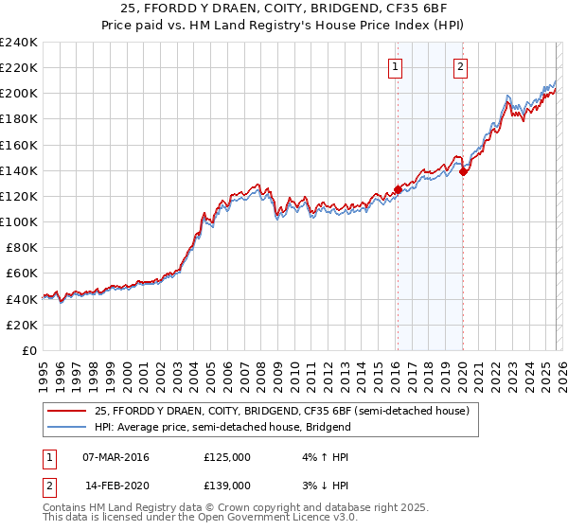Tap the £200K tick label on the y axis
[x=18, y=94]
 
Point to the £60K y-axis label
[x=21, y=274]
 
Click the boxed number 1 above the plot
[x=395, y=66]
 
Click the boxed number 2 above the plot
[x=460, y=66]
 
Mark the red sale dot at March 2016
[x=398, y=189]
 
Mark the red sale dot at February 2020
[x=463, y=171]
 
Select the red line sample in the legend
[x=68, y=412]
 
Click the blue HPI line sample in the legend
[x=68, y=428]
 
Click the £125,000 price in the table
[x=226, y=457]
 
